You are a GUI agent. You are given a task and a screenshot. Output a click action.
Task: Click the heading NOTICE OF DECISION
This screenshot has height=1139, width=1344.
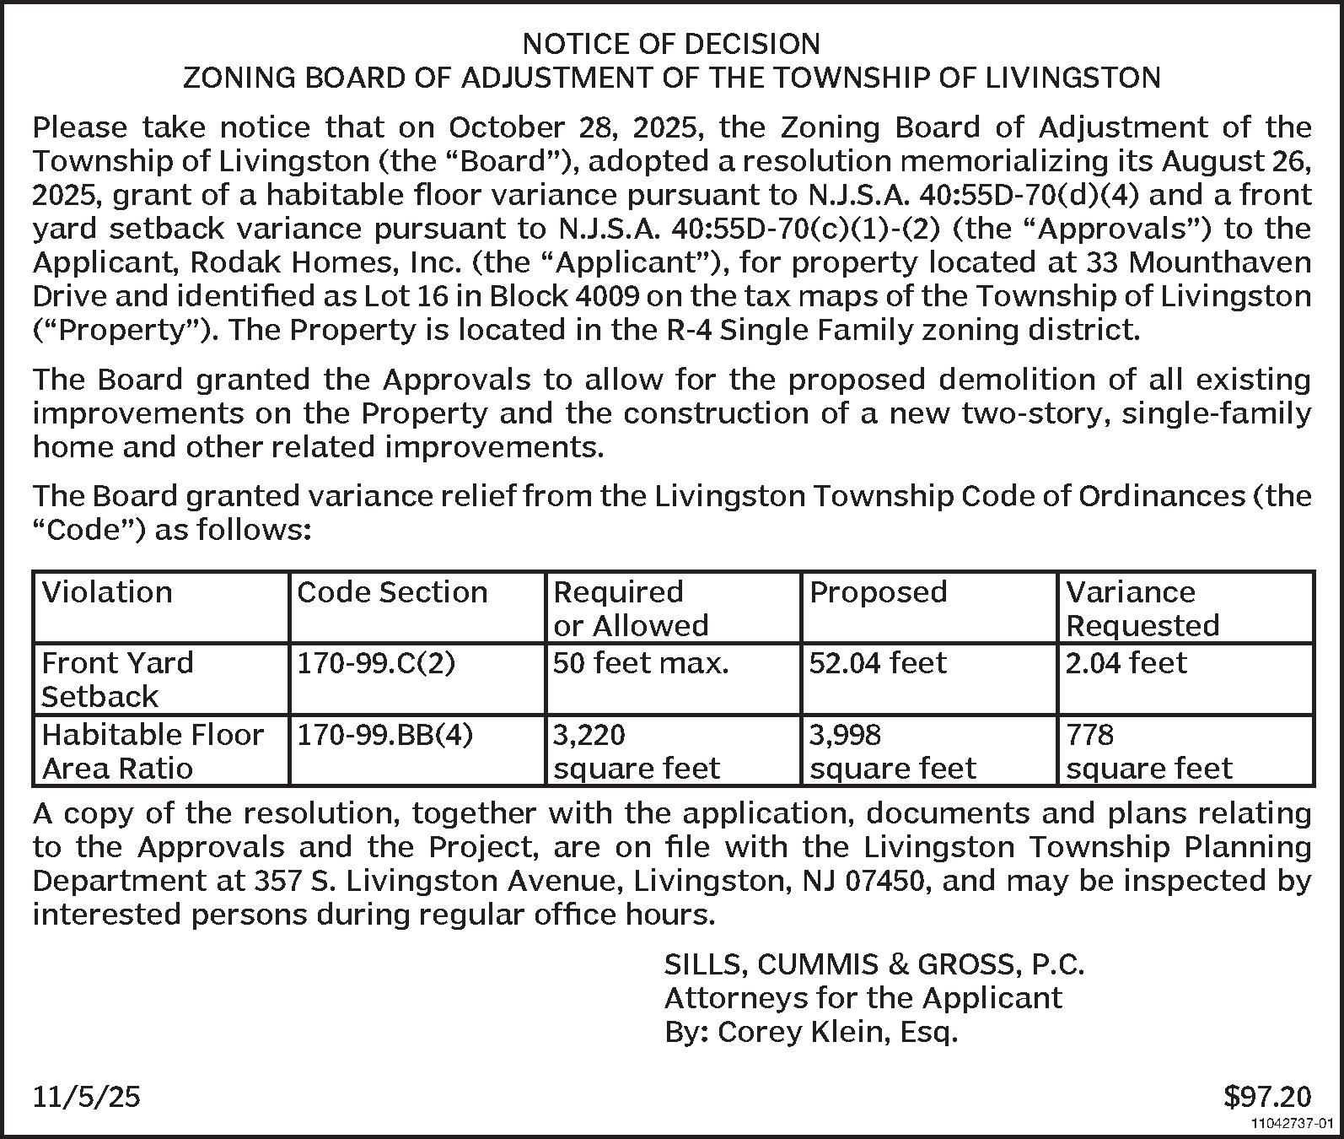(671, 43)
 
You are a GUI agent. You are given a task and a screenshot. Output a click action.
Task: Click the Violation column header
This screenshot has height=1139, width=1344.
(107, 592)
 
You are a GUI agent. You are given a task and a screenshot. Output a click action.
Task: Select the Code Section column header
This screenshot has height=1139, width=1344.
(392, 592)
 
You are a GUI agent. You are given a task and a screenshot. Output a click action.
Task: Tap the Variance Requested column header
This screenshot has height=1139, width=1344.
(1142, 608)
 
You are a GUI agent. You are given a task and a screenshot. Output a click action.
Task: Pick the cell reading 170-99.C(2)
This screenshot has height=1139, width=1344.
(376, 663)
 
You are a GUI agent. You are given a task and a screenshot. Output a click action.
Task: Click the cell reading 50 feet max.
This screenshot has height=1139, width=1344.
(641, 663)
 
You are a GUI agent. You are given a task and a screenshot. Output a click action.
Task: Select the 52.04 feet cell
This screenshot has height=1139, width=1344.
(878, 663)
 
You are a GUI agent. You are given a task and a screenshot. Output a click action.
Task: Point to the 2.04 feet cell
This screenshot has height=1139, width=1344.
(1126, 663)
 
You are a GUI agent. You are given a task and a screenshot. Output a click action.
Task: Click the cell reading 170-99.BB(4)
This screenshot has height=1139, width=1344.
(385, 735)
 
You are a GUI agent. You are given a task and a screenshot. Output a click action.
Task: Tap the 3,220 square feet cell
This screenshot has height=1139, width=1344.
(636, 751)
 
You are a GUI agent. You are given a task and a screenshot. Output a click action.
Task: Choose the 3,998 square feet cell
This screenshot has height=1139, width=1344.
(892, 751)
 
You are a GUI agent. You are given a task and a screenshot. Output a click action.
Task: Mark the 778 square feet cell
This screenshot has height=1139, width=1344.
(1148, 751)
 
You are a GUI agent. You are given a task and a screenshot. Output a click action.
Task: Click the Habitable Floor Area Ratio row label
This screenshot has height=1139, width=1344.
(153, 751)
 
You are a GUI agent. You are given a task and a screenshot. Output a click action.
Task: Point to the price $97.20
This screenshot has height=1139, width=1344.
(1267, 1096)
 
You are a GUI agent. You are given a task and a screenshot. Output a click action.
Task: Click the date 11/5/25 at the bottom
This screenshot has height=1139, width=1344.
(87, 1096)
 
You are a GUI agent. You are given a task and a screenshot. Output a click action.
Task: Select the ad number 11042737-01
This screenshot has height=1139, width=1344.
(1292, 1124)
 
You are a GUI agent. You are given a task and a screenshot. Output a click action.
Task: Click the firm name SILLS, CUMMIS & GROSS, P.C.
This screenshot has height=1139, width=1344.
(874, 964)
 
